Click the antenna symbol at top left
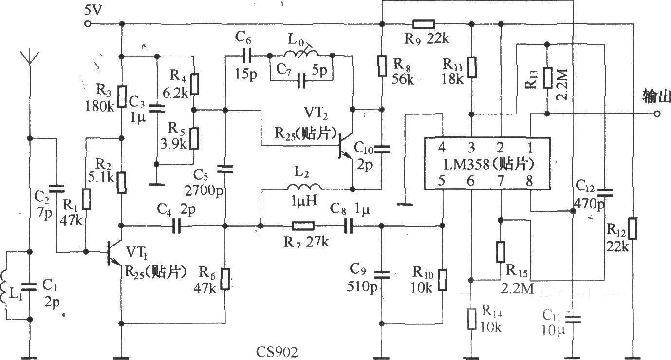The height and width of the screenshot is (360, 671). pos(30,60)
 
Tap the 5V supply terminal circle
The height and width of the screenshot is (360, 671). pos(88,24)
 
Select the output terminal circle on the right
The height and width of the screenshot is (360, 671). pos(657,114)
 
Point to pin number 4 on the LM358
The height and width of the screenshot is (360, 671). pos(442,148)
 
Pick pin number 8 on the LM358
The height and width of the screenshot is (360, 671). pos(530,181)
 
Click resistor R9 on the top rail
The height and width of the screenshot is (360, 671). pos(424,24)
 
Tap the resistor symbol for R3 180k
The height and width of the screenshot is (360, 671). pos(122,96)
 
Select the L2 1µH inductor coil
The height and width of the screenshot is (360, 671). pos(304,187)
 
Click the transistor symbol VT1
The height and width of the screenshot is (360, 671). pos(114,252)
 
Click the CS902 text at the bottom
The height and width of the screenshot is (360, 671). pos(277,352)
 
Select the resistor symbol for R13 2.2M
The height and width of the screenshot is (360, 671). pos(547,77)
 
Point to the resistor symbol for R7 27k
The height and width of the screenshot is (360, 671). pos(303,226)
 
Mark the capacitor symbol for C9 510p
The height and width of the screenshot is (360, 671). pos(382,275)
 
